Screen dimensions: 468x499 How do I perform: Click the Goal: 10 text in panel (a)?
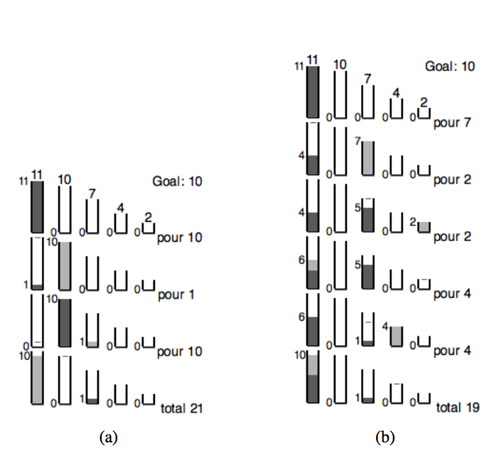coord(177,181)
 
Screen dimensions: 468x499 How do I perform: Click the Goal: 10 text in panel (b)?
coord(449,66)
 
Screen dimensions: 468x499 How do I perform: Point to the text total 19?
coord(457,408)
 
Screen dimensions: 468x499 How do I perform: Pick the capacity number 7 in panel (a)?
coord(92,193)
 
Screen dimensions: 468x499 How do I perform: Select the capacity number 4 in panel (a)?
coord(120,208)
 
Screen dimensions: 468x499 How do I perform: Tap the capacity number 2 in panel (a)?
coord(148,216)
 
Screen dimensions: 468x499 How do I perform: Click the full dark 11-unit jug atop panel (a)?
coord(37,206)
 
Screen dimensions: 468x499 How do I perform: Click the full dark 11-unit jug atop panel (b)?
coord(312,91)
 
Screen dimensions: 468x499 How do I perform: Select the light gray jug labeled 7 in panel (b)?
coord(367,158)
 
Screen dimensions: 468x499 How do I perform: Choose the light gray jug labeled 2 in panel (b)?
coord(424,227)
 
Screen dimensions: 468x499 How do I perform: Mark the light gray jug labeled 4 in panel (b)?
coord(396,336)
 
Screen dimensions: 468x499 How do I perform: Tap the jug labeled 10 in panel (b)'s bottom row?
coord(312,377)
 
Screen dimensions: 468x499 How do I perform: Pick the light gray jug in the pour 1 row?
coord(65,265)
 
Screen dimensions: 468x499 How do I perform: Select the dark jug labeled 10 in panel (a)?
coord(65,322)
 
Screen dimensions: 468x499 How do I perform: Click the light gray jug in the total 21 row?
coord(37,378)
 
